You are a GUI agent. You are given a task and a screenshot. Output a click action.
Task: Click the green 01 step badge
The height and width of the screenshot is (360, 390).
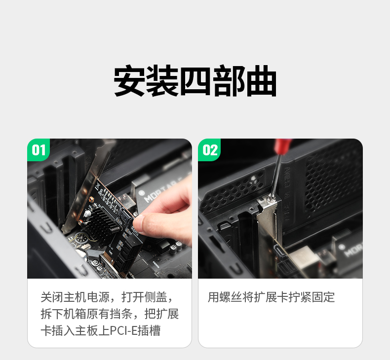pyautogui.click(x=39, y=150)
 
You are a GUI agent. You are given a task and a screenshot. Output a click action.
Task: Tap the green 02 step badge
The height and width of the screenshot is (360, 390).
pyautogui.click(x=210, y=150)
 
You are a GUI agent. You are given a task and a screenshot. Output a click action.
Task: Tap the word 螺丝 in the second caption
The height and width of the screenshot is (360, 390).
pyautogui.click(x=231, y=297)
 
